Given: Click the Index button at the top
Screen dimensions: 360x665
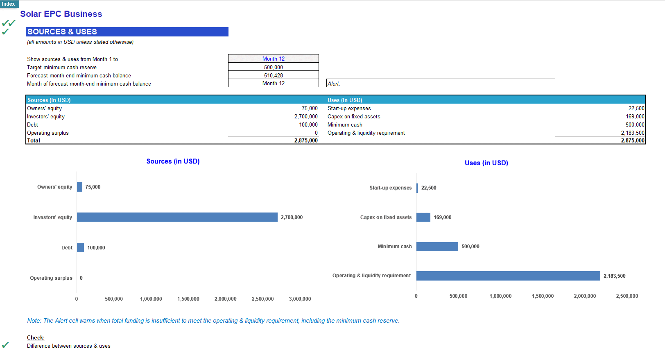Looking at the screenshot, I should click(x=9, y=4).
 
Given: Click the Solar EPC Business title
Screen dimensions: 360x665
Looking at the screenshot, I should click(x=61, y=14).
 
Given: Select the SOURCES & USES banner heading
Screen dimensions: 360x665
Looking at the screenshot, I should click(x=127, y=32).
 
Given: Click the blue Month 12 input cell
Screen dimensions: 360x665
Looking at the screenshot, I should click(x=273, y=59).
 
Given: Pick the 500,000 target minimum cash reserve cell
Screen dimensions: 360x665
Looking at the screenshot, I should click(x=273, y=67).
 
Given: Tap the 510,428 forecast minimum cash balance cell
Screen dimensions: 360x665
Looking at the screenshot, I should click(x=273, y=75).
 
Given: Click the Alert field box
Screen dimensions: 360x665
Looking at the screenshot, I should click(x=440, y=83).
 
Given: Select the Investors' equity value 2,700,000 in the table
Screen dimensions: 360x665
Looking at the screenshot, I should click(x=305, y=117).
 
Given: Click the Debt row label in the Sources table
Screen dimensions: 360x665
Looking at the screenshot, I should click(x=33, y=125).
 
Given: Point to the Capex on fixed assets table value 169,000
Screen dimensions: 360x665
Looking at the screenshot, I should click(x=635, y=117).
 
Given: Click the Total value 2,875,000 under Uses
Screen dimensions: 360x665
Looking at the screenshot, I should click(x=632, y=140).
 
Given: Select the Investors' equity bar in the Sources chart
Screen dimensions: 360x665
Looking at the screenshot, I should click(x=177, y=217).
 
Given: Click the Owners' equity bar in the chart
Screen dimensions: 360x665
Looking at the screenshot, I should click(x=79, y=187).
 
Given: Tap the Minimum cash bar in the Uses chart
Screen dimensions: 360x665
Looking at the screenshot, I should click(x=437, y=247).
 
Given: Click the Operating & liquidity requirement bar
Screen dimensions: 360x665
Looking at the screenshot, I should click(x=508, y=276).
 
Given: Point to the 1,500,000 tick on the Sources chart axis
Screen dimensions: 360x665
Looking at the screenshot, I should click(x=188, y=299).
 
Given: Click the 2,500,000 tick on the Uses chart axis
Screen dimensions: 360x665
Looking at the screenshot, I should click(x=627, y=296).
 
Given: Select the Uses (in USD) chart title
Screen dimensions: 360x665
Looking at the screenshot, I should click(x=486, y=163).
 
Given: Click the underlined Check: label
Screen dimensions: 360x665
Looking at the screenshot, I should click(x=36, y=338).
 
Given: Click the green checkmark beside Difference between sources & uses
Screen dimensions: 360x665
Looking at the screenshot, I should click(x=5, y=345).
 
